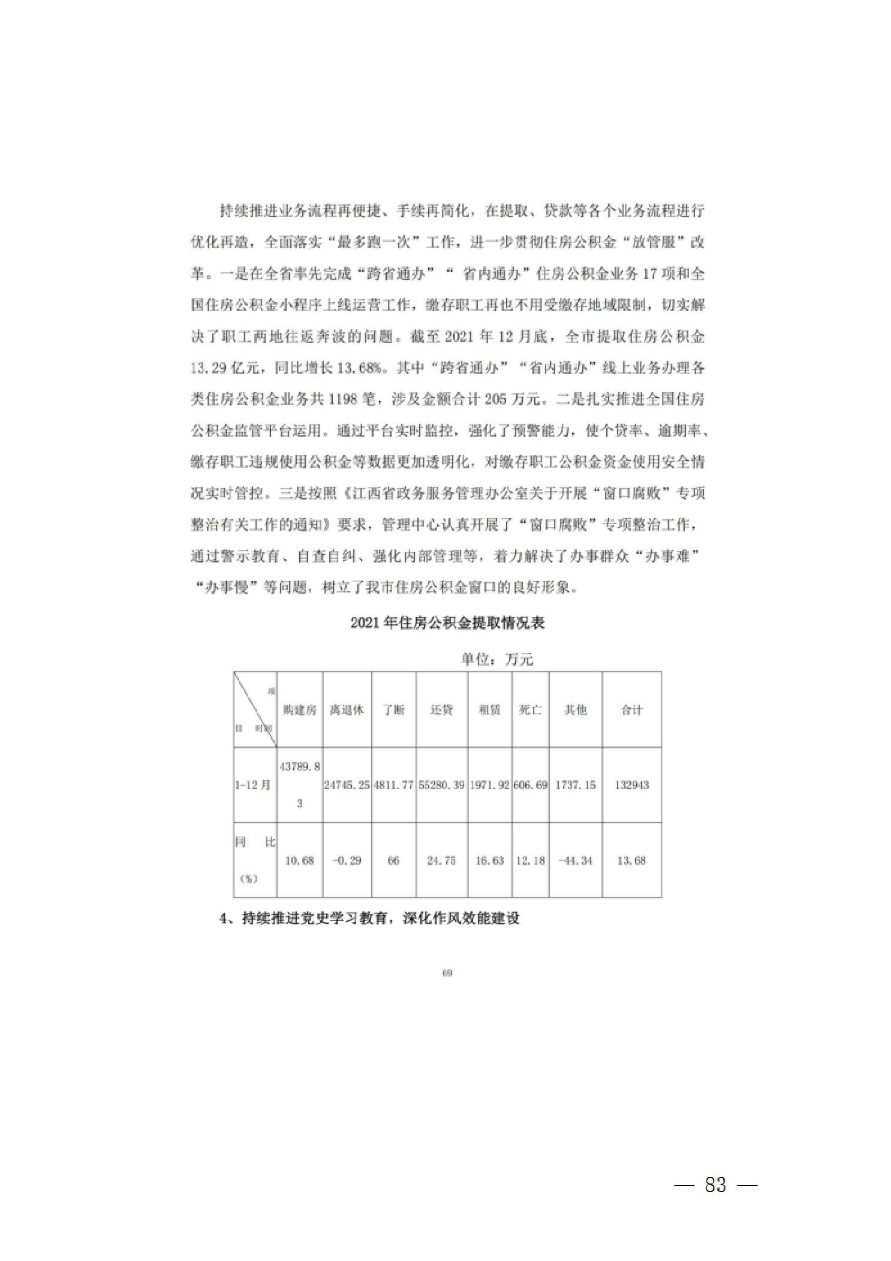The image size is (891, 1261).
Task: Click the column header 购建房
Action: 299,710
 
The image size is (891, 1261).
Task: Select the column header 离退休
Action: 347,710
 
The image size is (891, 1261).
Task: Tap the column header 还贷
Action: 441,710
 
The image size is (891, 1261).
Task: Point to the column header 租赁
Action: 489,710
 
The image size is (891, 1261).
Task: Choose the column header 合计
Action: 631,710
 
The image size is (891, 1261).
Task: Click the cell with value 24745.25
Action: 347,785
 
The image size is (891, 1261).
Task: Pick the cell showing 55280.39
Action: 441,785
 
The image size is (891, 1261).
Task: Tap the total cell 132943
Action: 631,785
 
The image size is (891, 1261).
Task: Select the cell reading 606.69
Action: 530,785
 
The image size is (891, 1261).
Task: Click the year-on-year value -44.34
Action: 575,860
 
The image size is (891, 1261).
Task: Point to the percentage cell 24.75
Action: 441,860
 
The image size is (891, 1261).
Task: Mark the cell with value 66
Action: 393,860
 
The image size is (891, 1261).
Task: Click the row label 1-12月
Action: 253,785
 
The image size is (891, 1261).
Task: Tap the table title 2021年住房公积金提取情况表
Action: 447,623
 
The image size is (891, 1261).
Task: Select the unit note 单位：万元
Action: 496,660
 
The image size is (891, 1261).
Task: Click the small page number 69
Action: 447,973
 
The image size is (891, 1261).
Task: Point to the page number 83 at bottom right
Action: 716,1185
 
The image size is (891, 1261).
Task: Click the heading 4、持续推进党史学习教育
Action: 369,918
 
